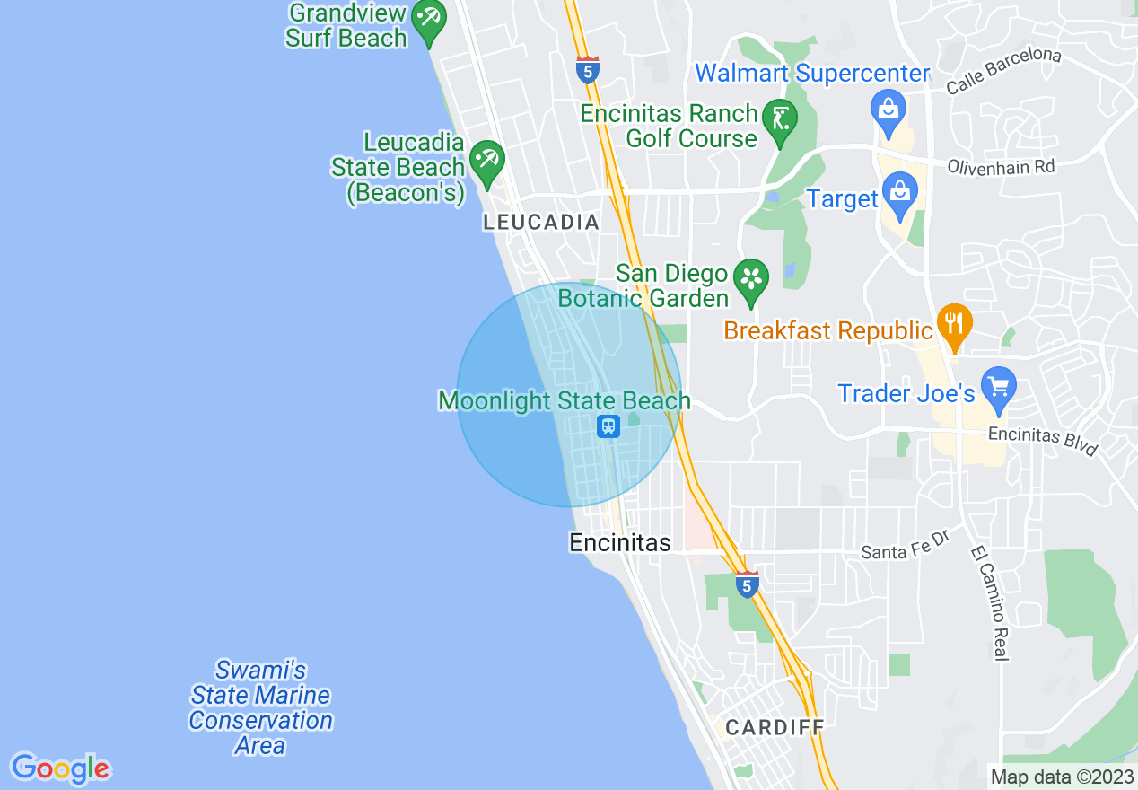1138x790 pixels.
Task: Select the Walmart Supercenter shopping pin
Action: (x=888, y=110)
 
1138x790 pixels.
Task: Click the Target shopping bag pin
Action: (x=898, y=192)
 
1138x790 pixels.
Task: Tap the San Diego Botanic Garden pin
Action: (x=751, y=278)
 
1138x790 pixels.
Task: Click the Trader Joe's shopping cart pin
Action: (x=998, y=388)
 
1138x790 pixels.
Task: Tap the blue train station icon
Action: (x=608, y=426)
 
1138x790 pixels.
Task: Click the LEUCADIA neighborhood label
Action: (x=541, y=222)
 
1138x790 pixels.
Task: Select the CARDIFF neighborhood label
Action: (x=775, y=727)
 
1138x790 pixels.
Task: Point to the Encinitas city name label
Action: (x=620, y=542)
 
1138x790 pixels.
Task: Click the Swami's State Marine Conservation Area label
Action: (x=260, y=707)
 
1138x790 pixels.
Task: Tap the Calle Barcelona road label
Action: (x=1003, y=70)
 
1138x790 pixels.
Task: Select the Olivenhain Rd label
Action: (x=1001, y=166)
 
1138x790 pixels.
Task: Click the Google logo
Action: (x=60, y=768)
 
